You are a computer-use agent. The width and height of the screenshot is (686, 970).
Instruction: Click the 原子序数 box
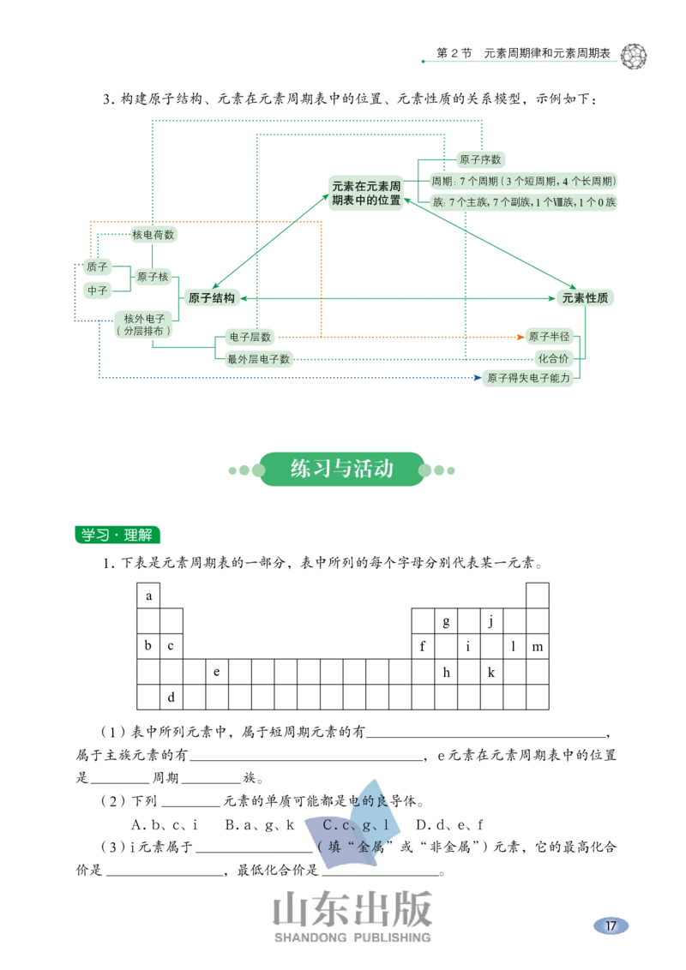tap(480, 160)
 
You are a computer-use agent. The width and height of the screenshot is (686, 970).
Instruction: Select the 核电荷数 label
tap(153, 234)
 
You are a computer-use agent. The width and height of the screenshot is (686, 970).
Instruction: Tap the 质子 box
tap(97, 266)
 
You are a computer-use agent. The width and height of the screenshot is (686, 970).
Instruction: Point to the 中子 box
tap(97, 290)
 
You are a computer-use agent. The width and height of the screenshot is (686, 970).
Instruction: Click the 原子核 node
tap(153, 277)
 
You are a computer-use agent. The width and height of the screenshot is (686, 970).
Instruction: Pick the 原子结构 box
tap(211, 298)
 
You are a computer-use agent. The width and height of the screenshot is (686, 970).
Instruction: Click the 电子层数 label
tap(250, 337)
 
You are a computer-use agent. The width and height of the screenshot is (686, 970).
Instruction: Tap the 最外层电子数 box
tap(258, 359)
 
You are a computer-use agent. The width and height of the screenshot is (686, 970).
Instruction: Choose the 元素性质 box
tap(586, 298)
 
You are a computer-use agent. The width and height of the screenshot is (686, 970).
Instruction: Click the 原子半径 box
tap(549, 337)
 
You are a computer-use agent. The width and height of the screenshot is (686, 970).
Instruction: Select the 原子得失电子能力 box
tap(528, 377)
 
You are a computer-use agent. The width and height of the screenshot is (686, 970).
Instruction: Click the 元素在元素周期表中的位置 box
tap(366, 193)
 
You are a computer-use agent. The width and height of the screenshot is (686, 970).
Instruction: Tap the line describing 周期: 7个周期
tap(524, 182)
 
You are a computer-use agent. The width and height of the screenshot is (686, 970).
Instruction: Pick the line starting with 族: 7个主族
tap(524, 202)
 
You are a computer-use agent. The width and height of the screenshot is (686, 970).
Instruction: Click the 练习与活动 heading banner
tap(342, 468)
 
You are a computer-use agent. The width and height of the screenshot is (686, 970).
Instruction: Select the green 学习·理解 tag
tap(117, 535)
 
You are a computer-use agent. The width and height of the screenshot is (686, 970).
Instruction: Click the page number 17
tap(611, 925)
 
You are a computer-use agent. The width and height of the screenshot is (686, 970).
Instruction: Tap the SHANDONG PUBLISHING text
tap(352, 937)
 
